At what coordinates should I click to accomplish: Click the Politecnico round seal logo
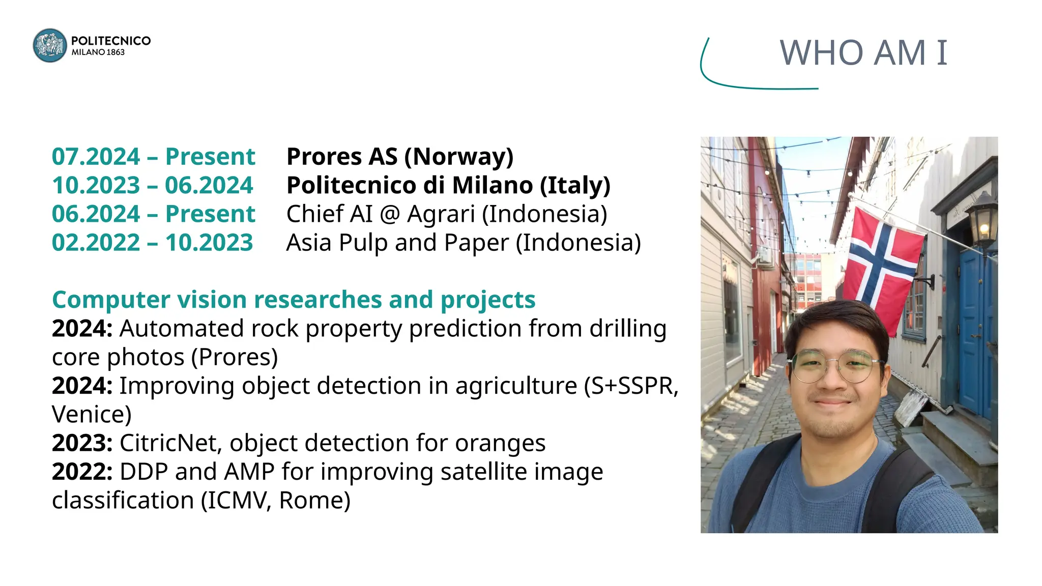(x=49, y=46)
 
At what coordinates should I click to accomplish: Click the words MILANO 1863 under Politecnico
(x=98, y=52)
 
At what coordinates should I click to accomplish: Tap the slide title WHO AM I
(x=863, y=53)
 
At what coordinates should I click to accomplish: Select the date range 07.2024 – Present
(x=153, y=157)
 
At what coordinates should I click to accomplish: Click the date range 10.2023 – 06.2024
(x=152, y=185)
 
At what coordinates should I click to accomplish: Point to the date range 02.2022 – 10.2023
(x=152, y=243)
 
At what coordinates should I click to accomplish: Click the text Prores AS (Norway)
(x=400, y=157)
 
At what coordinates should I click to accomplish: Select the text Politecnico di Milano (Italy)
(x=448, y=185)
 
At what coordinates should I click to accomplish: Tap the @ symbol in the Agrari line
(x=390, y=214)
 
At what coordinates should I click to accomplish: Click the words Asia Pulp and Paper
(x=397, y=243)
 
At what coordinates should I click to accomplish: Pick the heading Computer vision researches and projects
(x=294, y=300)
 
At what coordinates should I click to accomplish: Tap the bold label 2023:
(x=82, y=443)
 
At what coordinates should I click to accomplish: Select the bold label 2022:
(x=82, y=472)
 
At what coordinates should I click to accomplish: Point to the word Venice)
(x=92, y=415)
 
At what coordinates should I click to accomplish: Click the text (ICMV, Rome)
(x=275, y=501)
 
